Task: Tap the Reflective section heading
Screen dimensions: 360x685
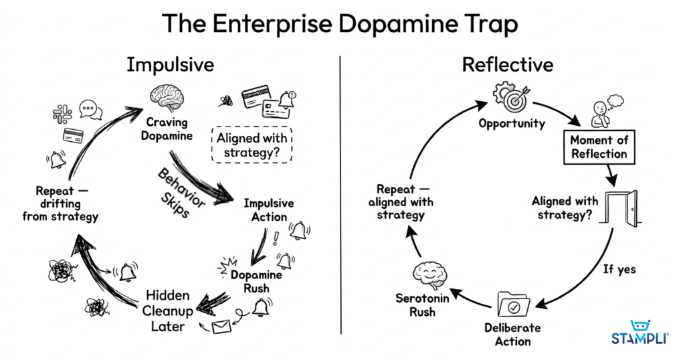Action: [508, 65]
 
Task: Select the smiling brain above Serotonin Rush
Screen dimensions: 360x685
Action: [427, 273]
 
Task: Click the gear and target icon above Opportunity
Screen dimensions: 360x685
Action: [512, 97]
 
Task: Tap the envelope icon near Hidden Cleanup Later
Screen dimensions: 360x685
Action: [221, 327]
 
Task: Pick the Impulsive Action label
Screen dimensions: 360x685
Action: [269, 209]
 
